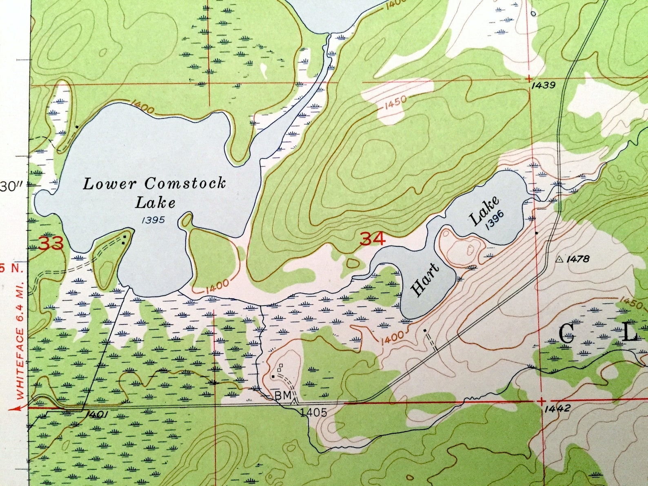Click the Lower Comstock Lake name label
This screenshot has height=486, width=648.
point(154,192)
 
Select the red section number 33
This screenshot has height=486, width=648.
point(51,244)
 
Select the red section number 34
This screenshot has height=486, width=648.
point(373,239)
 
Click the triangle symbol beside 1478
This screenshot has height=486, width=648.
point(559,259)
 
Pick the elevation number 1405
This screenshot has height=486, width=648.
point(313,413)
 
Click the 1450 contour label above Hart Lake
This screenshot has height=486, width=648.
point(395,102)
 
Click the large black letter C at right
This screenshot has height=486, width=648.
point(566,334)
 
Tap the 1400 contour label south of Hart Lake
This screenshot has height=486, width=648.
point(392,337)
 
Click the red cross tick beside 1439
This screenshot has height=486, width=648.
point(529,78)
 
